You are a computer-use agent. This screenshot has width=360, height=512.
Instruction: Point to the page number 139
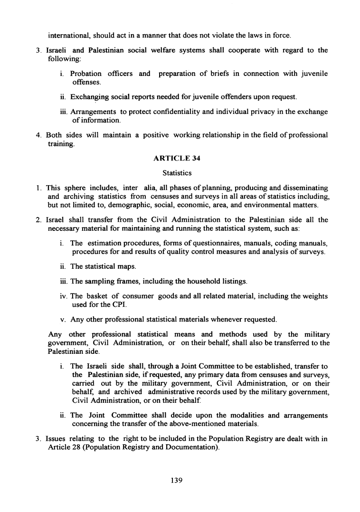[x=177, y=480]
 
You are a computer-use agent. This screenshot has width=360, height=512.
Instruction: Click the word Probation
[x=85, y=74]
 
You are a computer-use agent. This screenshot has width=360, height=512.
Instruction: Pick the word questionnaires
[x=201, y=244]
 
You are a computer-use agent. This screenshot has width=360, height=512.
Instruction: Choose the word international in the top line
[x=69, y=35]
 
